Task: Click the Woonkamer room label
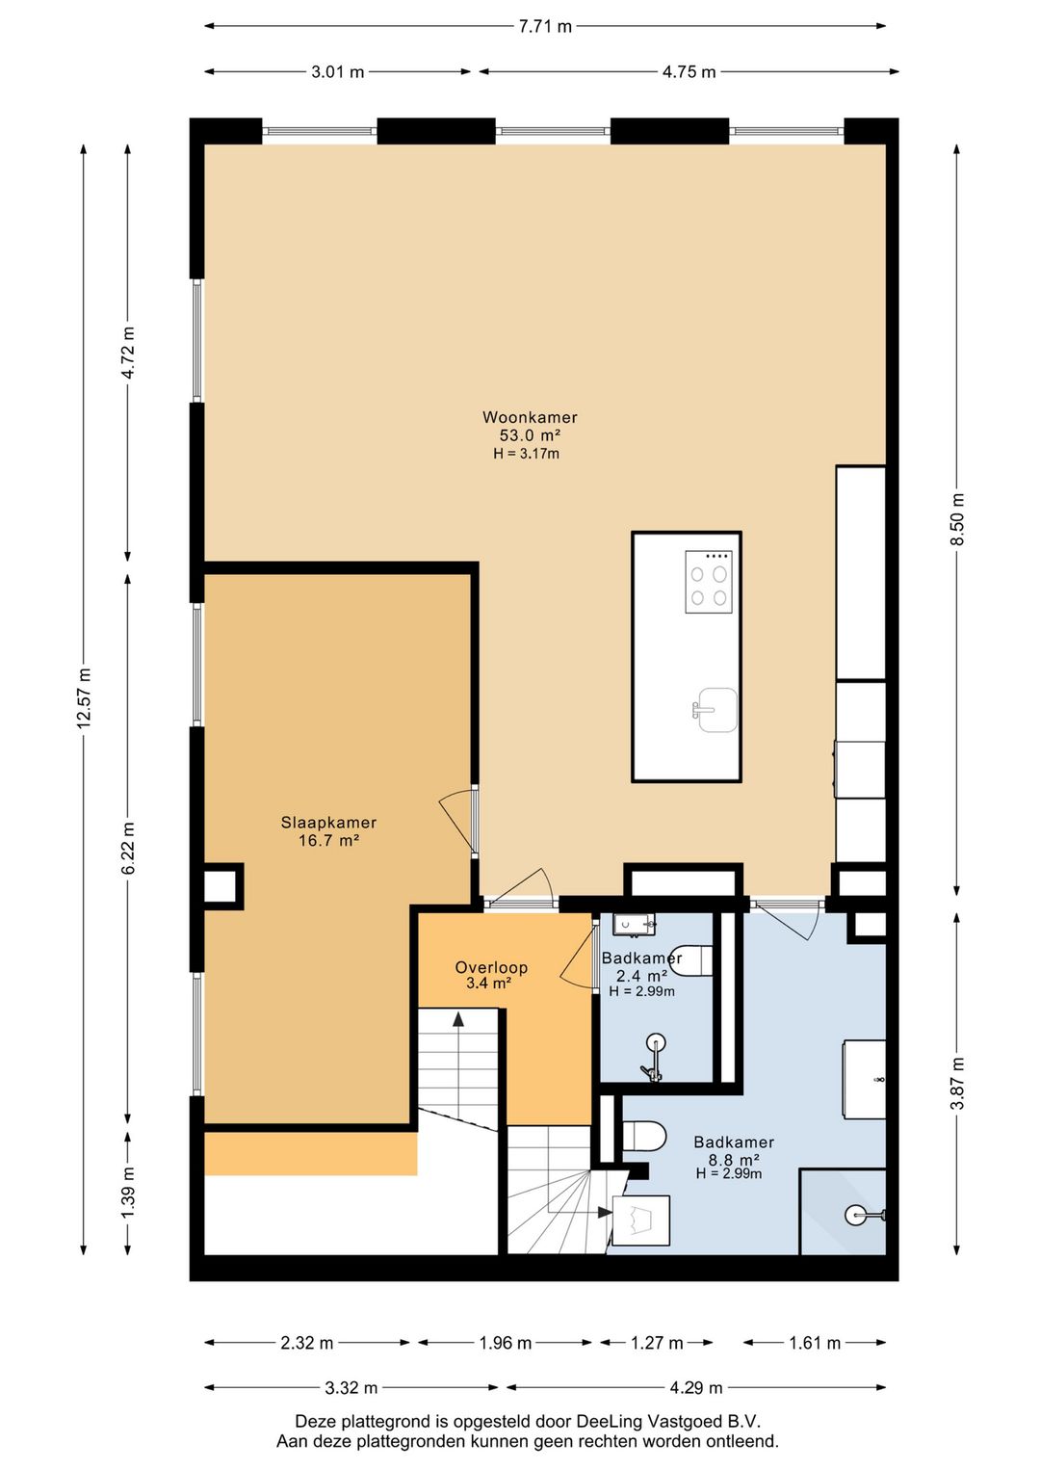pyautogui.click(x=530, y=417)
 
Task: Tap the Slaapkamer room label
pyautogui.click(x=328, y=823)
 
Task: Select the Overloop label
pyautogui.click(x=491, y=966)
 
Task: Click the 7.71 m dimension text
pyautogui.click(x=545, y=26)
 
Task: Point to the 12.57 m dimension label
pyautogui.click(x=84, y=698)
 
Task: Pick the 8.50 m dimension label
pyautogui.click(x=958, y=518)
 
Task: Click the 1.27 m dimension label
pyautogui.click(x=657, y=1343)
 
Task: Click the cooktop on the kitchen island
pyautogui.click(x=709, y=582)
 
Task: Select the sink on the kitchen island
pyautogui.click(x=715, y=709)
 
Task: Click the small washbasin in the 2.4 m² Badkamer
pyautogui.click(x=634, y=925)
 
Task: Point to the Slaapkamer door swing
pyautogui.click(x=457, y=821)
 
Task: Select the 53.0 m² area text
pyautogui.click(x=530, y=435)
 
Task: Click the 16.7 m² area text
pyautogui.click(x=328, y=840)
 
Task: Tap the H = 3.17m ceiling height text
pyautogui.click(x=526, y=453)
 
